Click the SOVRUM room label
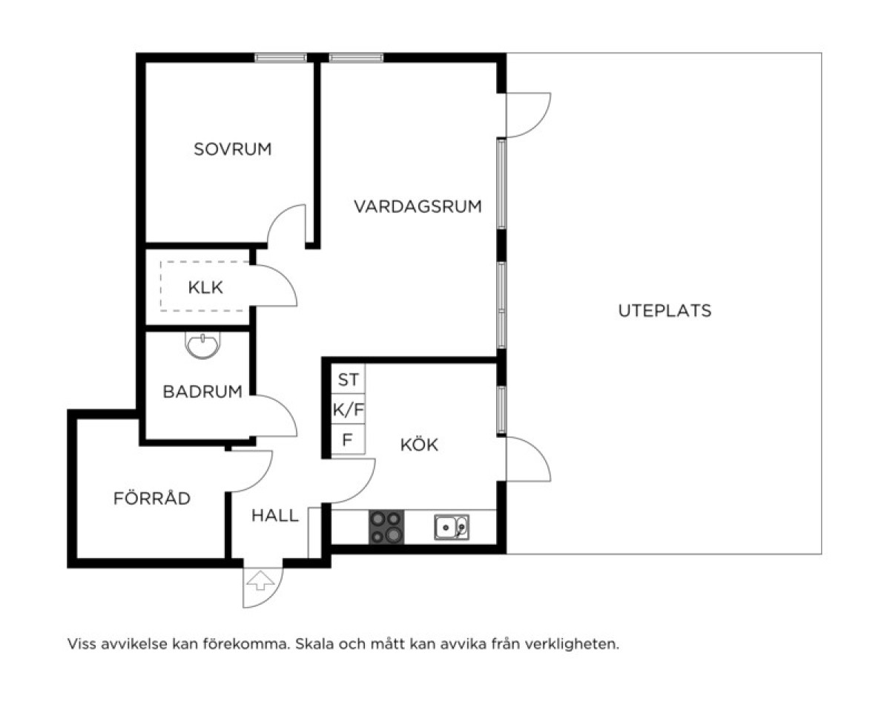point(232,149)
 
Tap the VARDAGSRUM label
point(418,206)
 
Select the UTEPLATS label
point(665,310)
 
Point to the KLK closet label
point(205,287)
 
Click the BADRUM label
point(202,391)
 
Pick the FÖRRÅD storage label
point(152,498)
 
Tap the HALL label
point(275,516)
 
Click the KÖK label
point(419,445)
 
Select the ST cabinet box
point(349,378)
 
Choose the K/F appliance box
point(349,409)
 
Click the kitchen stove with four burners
point(386,527)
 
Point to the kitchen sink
point(452,527)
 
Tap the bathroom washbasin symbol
point(202,345)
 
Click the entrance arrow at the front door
point(260,580)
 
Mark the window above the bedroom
point(280,58)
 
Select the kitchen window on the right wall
point(501,410)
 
